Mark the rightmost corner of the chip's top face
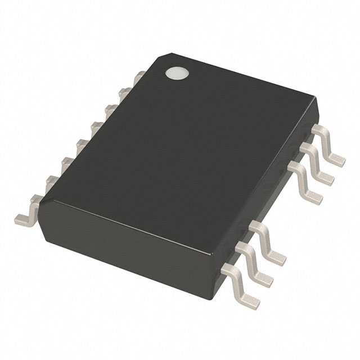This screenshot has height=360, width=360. coord(316,103)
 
